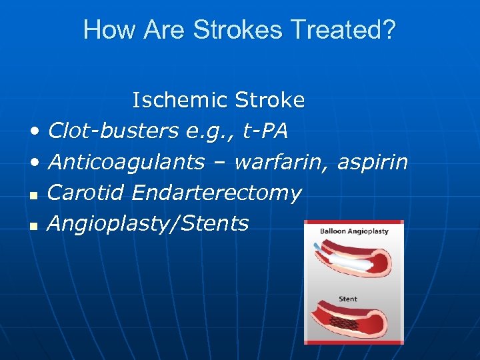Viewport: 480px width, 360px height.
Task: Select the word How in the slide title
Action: (103, 30)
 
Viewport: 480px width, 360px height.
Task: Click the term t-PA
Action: (265, 131)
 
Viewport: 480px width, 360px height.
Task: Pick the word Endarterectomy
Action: (217, 193)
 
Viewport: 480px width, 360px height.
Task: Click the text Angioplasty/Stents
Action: (148, 223)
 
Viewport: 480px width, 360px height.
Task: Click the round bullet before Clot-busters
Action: (34, 133)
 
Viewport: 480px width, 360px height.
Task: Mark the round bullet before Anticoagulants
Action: (34, 163)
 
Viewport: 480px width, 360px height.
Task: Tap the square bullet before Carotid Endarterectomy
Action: (33, 195)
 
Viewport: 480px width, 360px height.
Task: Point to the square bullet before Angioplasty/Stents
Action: (33, 226)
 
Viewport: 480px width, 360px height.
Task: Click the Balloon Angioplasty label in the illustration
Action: (354, 231)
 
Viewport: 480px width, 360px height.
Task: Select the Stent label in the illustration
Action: (347, 299)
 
